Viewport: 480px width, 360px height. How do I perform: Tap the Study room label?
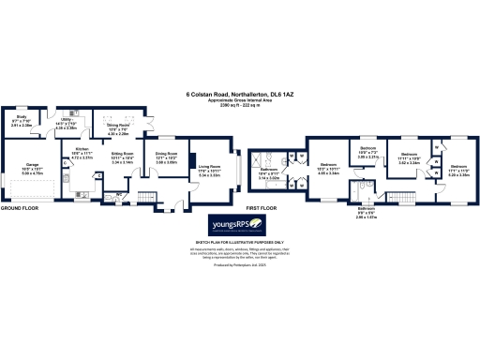click(22, 121)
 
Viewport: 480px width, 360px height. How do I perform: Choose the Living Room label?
click(207, 170)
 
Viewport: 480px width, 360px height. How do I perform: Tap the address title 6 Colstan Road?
click(240, 94)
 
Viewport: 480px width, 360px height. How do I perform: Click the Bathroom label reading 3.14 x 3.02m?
click(270, 172)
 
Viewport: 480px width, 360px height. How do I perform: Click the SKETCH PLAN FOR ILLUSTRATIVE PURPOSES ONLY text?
click(240, 242)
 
